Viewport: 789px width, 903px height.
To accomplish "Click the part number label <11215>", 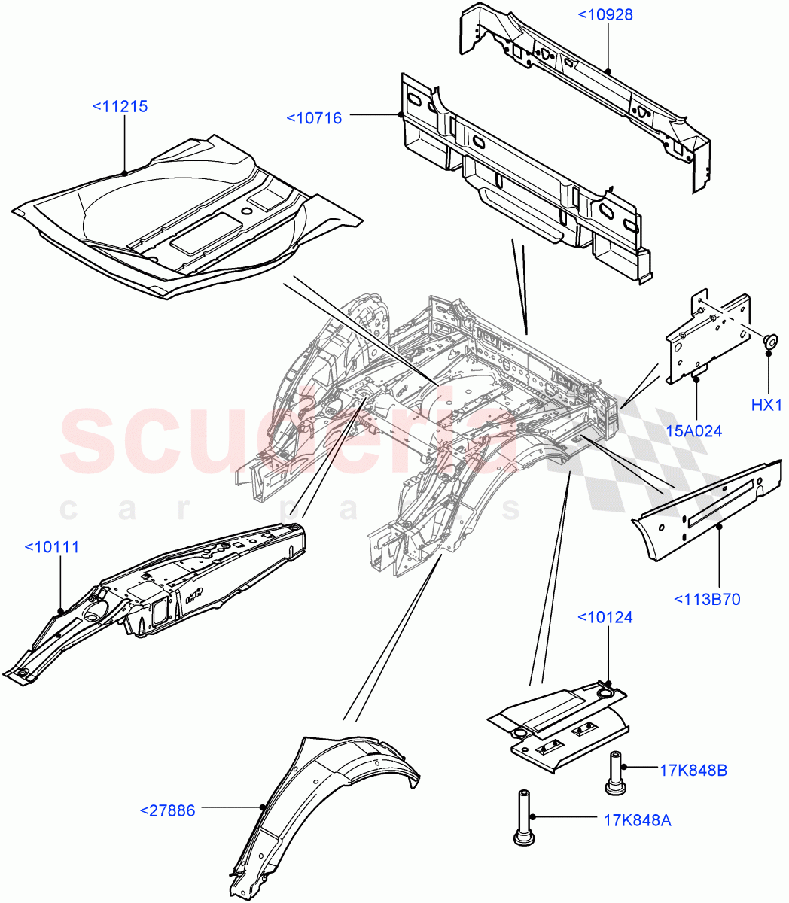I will [x=120, y=107].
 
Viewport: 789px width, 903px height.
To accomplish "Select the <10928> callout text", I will [x=605, y=14].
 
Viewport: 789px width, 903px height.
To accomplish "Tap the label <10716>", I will [x=314, y=117].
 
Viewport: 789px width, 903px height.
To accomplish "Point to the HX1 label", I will [x=767, y=406].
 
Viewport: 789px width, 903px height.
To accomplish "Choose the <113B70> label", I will [x=707, y=600].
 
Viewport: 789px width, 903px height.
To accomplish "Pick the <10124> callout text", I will [x=605, y=618].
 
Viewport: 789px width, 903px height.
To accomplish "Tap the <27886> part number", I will [x=167, y=810].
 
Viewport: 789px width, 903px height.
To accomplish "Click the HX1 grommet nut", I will [x=769, y=340].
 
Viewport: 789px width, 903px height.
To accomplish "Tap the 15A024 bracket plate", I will [x=708, y=339].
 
